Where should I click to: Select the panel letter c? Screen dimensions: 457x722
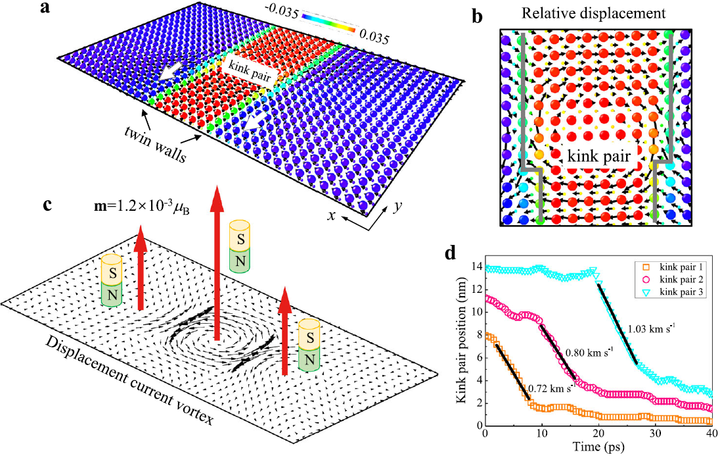tap(47, 204)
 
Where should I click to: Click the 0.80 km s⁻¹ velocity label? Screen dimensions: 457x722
tap(589, 353)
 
